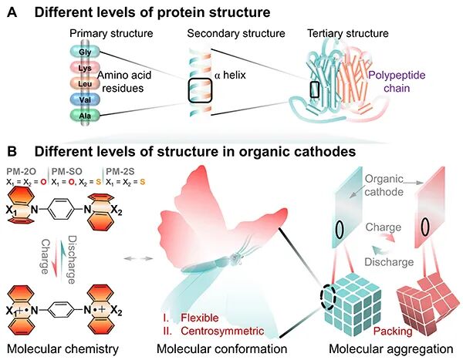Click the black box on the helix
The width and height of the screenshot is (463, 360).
[200, 90]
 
